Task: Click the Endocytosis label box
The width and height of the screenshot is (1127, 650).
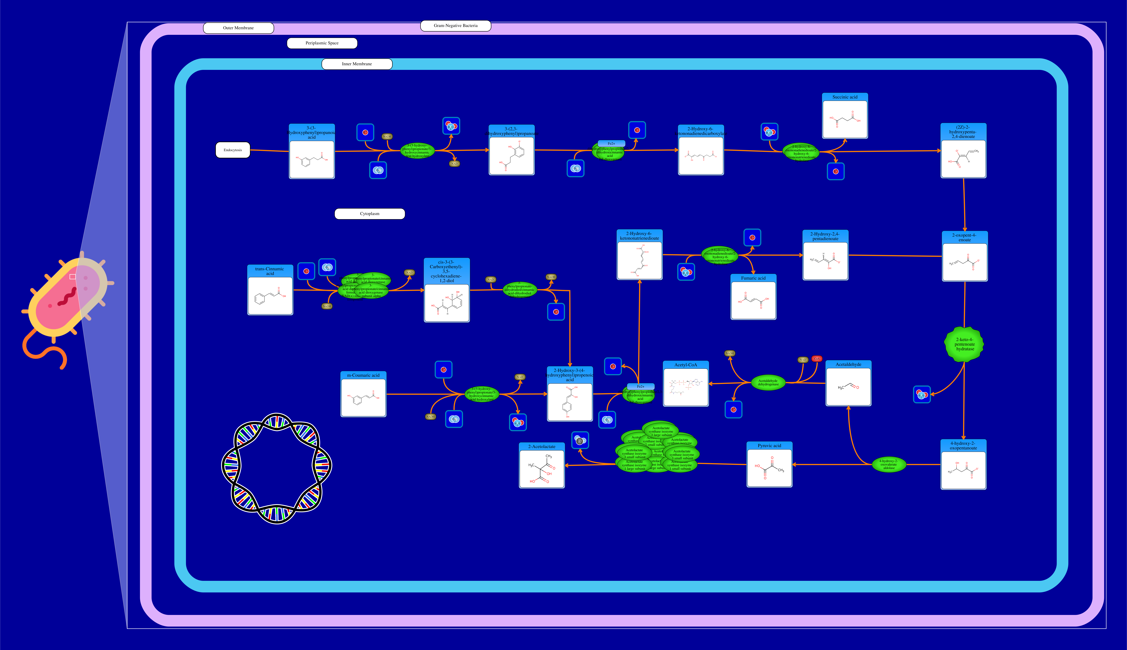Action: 233,150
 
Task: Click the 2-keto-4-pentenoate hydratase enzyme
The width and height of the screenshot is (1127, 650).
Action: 964,344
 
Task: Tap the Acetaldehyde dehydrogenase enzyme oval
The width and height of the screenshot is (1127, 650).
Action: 768,383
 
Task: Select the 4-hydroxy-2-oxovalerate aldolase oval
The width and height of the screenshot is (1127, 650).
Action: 889,464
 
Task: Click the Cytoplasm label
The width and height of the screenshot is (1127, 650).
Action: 369,214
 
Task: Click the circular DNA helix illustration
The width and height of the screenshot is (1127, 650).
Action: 277,468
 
